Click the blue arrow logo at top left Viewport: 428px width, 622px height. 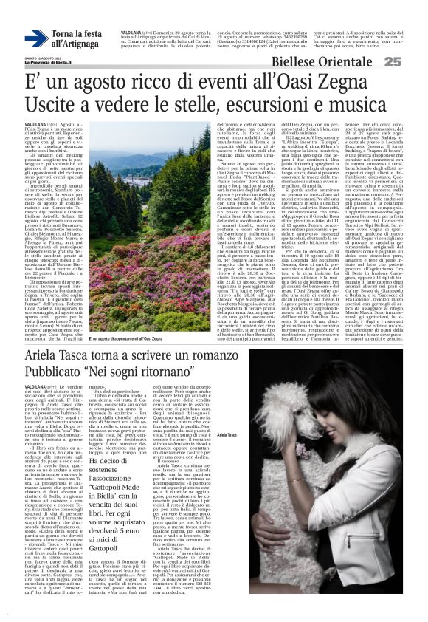[36, 39]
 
